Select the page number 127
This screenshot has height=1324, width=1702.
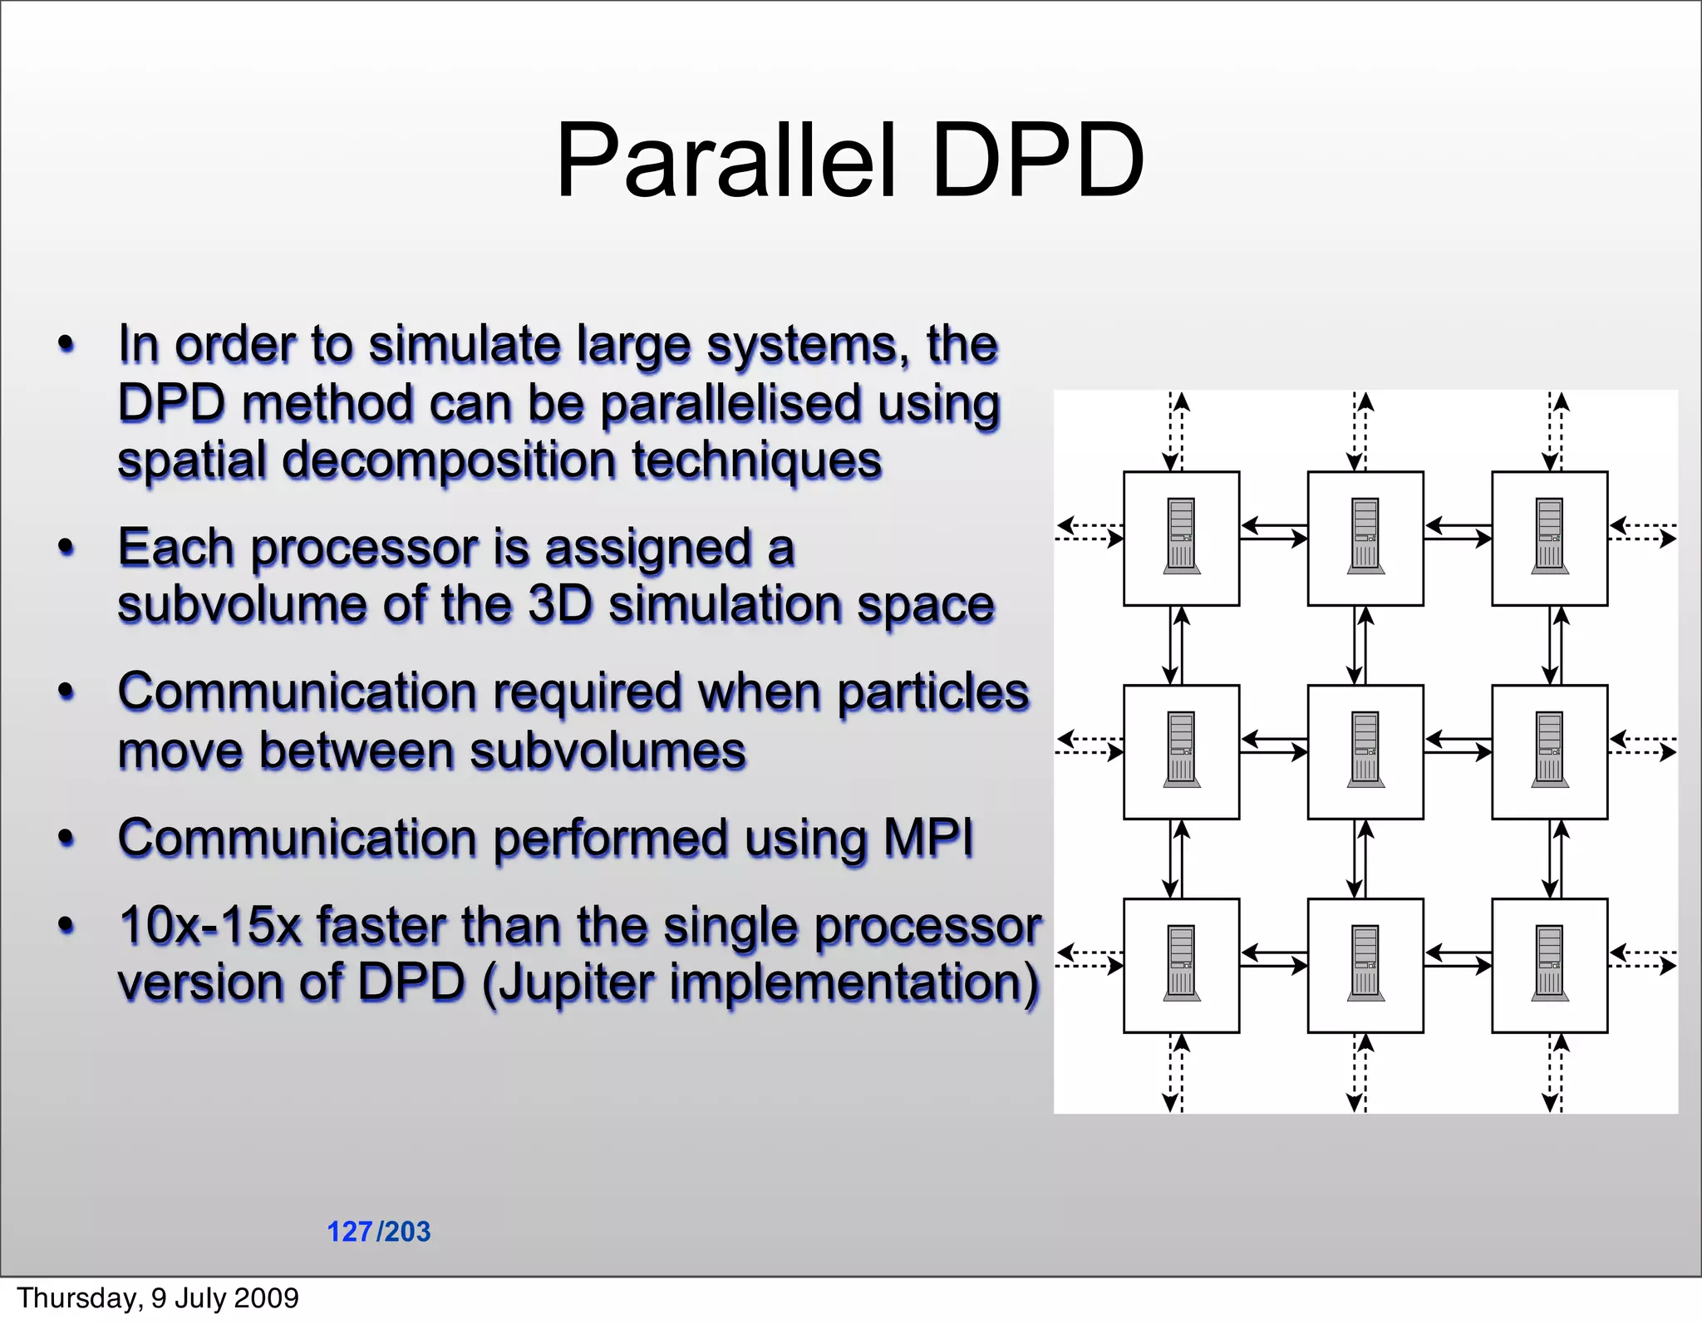[349, 1231]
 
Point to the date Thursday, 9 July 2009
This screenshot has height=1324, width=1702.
[158, 1297]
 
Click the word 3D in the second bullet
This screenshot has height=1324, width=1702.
[561, 604]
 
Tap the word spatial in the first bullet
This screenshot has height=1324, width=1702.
[192, 460]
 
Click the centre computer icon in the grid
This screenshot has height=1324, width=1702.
[1365, 751]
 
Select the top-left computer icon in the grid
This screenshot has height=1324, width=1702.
[1181, 537]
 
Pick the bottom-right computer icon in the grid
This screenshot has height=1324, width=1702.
[1549, 964]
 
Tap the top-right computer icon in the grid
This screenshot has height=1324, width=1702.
[1549, 537]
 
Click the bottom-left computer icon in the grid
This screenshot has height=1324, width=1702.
[1181, 964]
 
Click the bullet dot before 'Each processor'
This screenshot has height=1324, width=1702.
[66, 548]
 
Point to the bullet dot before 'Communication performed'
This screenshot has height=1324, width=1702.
[66, 838]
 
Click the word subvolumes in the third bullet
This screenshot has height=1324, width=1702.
[608, 751]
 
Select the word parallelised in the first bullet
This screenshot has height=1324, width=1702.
[731, 404]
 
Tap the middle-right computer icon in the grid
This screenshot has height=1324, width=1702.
[1549, 751]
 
